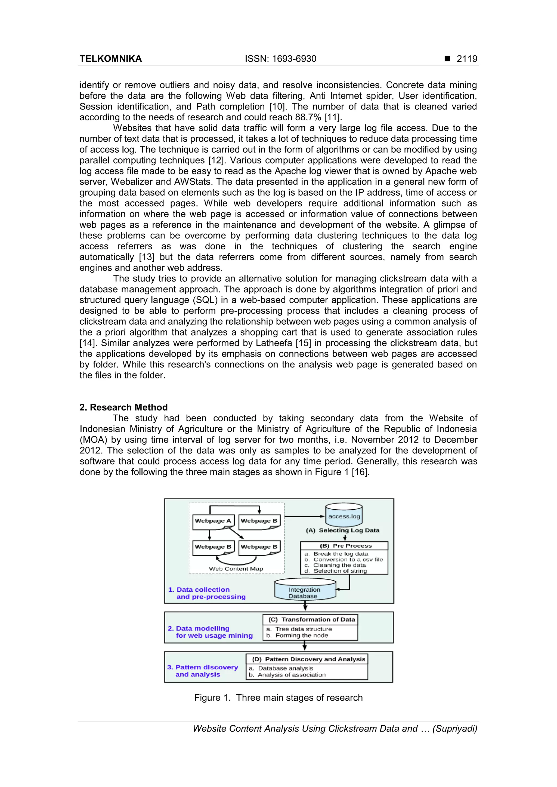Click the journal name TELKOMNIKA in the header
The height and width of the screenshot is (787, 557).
(110, 59)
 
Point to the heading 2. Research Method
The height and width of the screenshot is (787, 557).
(123, 407)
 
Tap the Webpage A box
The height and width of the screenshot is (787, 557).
(213, 521)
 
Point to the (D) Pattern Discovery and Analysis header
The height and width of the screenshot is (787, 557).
(308, 659)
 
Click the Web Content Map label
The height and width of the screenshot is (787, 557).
(236, 569)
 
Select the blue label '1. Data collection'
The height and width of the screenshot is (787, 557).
(199, 590)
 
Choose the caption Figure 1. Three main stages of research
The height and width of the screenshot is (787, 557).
(278, 698)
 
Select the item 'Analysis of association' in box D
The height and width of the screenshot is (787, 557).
(291, 675)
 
